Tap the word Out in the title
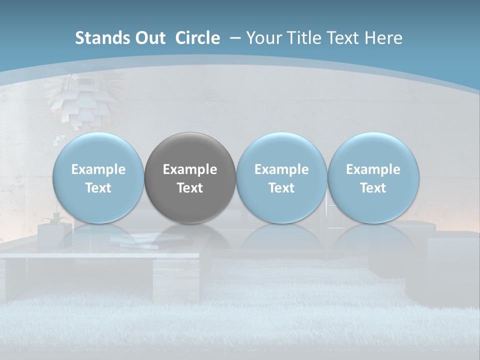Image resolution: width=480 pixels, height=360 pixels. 149,38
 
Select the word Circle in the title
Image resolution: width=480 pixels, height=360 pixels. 197,38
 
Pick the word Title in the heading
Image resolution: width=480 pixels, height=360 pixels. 301,38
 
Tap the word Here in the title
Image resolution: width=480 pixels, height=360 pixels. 384,38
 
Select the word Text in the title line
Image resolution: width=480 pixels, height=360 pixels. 344,38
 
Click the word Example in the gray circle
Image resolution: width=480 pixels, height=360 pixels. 190,169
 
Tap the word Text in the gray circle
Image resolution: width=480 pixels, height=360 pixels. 190,188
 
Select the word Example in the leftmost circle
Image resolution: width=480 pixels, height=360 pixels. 98,169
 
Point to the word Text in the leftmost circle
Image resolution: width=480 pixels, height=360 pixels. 98,188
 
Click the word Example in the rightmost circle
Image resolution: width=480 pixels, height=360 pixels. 373,169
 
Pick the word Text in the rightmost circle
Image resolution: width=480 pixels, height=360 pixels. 373,188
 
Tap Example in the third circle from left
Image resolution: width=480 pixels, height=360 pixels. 281,169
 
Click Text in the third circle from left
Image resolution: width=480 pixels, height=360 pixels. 281,188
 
